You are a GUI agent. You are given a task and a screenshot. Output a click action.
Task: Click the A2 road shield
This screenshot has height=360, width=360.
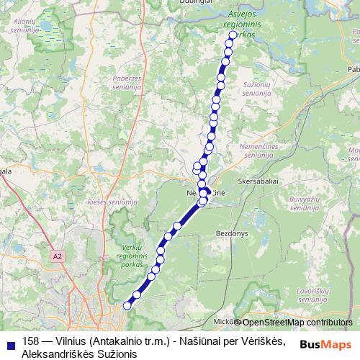[x=58, y=256]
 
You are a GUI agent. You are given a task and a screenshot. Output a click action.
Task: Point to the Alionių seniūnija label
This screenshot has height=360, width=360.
[x=24, y=26]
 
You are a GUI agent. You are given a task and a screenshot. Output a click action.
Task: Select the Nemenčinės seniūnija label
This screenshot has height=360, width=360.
[x=257, y=149]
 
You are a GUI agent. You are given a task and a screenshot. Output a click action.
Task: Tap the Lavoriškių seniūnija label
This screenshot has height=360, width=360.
[x=313, y=294]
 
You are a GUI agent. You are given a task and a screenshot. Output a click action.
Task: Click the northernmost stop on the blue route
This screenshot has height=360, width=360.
[x=233, y=35]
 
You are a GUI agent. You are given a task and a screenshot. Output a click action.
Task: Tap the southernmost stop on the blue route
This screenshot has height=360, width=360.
[x=127, y=305]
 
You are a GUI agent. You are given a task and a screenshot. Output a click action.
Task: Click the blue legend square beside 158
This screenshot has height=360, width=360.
[x=9, y=343]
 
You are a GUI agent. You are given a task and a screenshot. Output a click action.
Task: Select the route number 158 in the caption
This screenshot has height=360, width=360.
[x=32, y=341]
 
